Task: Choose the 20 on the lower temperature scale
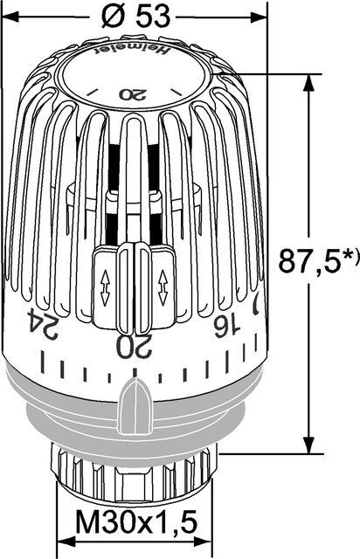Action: tap(132, 344)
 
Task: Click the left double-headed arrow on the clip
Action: tap(105, 287)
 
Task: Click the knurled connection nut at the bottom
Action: tap(131, 476)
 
